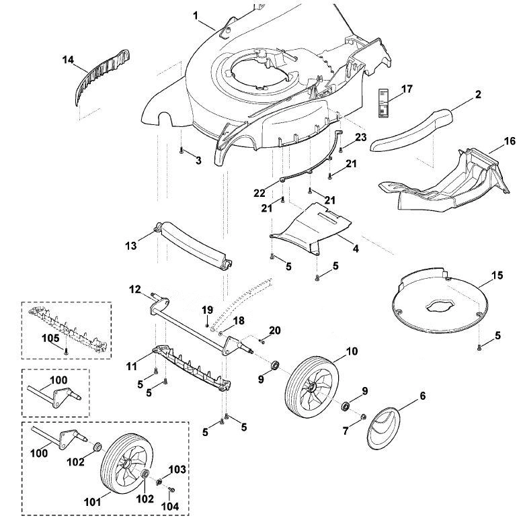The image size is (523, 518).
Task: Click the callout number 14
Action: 68,60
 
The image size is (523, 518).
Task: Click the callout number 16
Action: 510,141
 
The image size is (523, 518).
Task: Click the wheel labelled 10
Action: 311,386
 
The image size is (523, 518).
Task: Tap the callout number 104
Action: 170,507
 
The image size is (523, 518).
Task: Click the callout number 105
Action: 50,338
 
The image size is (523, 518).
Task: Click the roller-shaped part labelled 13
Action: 194,246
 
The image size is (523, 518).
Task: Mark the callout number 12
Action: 134,290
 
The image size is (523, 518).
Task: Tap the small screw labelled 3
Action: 182,150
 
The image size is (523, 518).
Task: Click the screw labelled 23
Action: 341,150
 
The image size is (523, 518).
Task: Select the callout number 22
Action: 259,193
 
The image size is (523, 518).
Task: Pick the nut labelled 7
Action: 364,417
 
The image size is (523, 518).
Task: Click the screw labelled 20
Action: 261,341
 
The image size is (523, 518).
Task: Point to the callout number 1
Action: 196,15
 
